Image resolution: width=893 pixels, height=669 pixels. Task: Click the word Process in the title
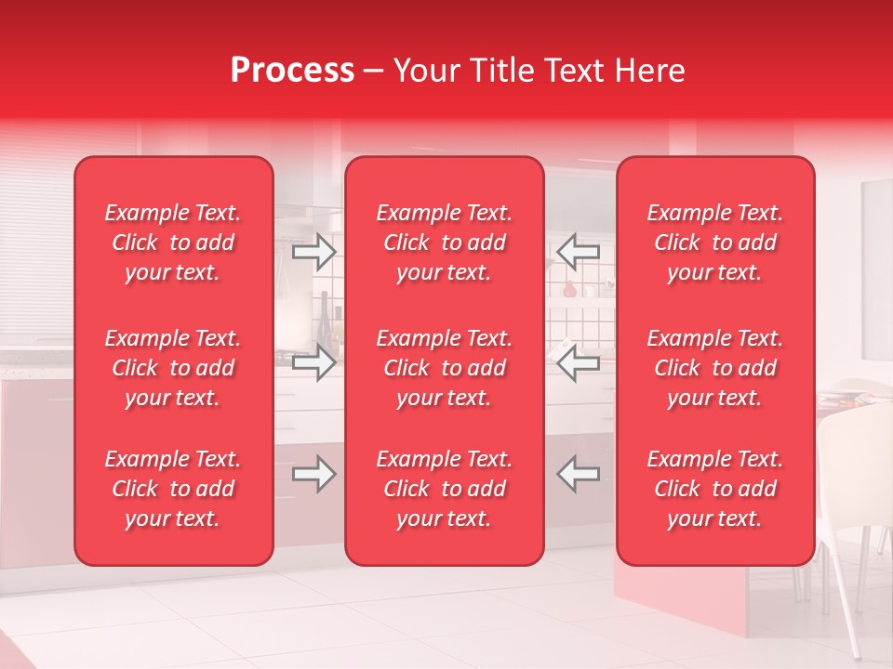292,71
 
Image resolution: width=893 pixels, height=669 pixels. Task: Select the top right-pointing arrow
313,251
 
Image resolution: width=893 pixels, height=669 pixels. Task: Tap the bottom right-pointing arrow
313,474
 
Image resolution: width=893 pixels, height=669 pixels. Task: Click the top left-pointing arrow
579,251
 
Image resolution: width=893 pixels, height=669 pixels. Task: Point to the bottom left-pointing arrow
579,474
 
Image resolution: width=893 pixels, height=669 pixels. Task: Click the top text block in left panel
173,243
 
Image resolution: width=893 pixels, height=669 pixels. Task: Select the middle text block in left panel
173,368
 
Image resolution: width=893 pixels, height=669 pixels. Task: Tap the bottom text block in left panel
173,489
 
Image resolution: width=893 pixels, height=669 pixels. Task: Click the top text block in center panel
444,243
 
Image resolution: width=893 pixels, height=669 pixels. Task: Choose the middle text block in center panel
444,368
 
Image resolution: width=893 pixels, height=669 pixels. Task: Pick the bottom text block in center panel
444,489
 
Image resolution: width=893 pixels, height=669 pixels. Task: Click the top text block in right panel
714,243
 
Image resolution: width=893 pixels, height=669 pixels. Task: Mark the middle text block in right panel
714,368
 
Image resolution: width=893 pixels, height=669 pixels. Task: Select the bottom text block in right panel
714,489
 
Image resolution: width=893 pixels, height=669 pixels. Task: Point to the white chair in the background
851,483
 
